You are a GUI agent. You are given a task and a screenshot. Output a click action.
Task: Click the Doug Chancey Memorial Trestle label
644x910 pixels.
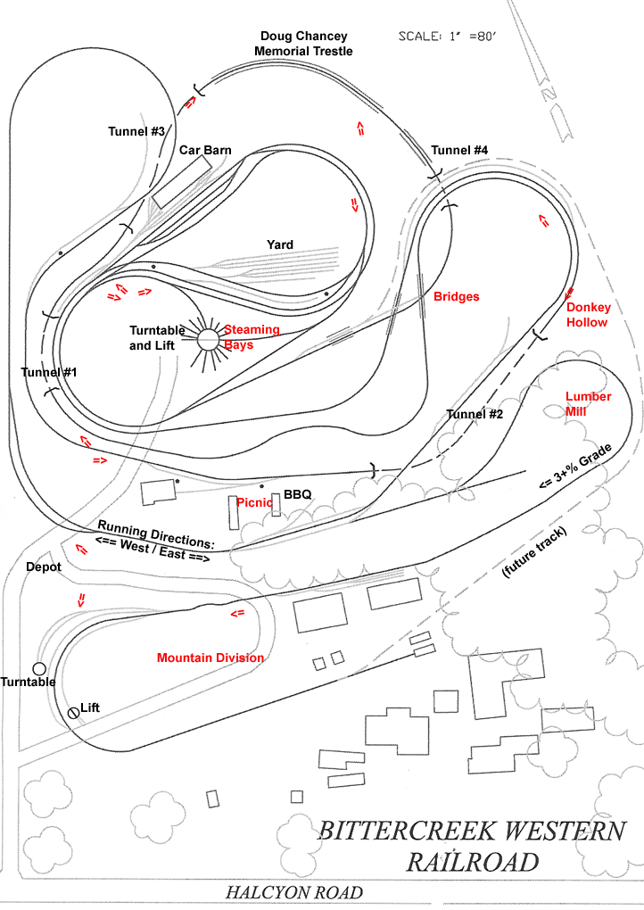tap(303, 44)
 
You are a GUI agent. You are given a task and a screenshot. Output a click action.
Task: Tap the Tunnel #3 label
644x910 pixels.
tap(137, 131)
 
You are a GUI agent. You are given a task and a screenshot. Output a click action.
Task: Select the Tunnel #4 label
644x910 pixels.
tap(459, 150)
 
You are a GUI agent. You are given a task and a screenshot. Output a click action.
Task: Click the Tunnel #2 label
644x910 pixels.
tap(475, 415)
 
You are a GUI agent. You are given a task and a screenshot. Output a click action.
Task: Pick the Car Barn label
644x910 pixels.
tap(205, 150)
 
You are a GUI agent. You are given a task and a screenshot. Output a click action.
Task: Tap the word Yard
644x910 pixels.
tap(280, 244)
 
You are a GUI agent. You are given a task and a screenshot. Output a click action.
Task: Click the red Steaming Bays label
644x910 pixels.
tap(252, 337)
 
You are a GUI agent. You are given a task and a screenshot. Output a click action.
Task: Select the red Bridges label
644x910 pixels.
tap(457, 296)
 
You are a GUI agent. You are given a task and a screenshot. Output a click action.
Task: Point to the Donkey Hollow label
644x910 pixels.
tap(589, 315)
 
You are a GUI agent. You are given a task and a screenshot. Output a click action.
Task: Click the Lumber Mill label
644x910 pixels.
tap(589, 403)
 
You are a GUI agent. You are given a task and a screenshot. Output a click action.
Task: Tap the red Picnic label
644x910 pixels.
tap(254, 502)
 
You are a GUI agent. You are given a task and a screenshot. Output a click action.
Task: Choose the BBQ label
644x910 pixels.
tap(297, 494)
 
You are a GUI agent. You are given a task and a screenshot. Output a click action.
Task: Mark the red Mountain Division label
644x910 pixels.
tap(211, 658)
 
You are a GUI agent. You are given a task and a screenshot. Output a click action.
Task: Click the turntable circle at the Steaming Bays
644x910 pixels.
tap(208, 340)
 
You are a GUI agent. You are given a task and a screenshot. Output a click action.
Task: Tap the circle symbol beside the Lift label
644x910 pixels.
tap(73, 712)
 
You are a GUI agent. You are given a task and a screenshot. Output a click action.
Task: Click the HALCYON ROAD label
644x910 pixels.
tap(294, 892)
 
